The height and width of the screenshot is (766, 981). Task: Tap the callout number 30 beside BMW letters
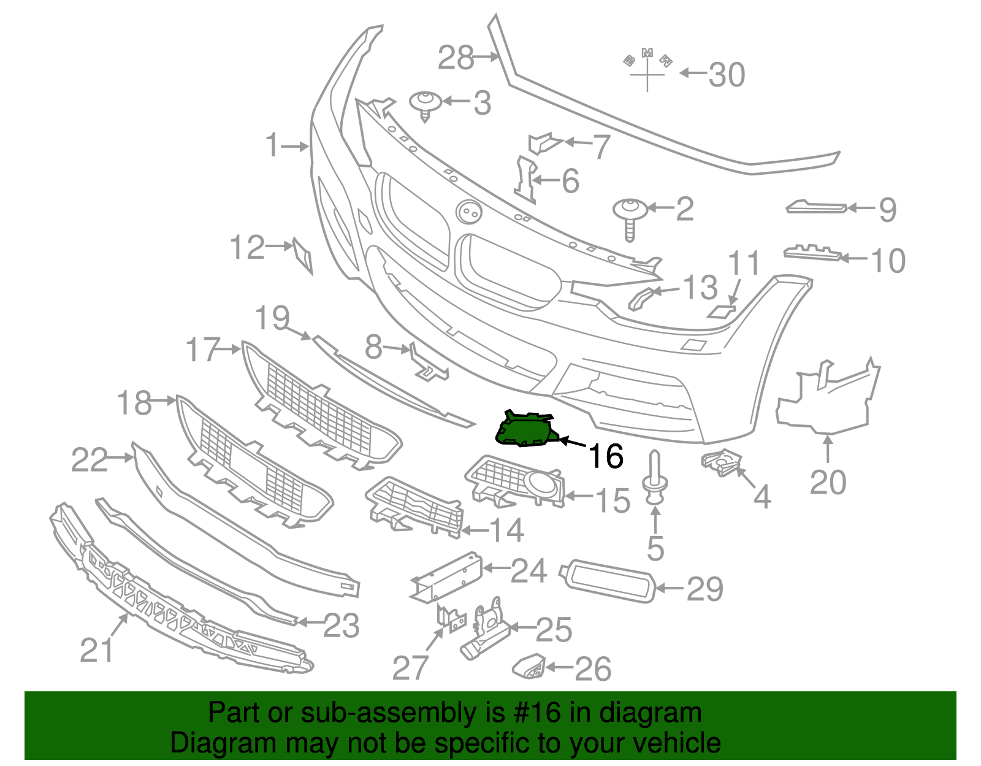pos(727,75)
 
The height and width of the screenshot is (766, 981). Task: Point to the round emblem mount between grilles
pos(469,212)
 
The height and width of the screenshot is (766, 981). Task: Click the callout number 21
pos(96,649)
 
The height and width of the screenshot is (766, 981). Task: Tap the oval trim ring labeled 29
pos(608,581)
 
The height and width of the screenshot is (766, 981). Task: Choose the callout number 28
pos(456,58)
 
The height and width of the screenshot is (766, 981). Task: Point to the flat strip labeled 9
pos(816,208)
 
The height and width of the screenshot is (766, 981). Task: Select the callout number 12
pos(246,248)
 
